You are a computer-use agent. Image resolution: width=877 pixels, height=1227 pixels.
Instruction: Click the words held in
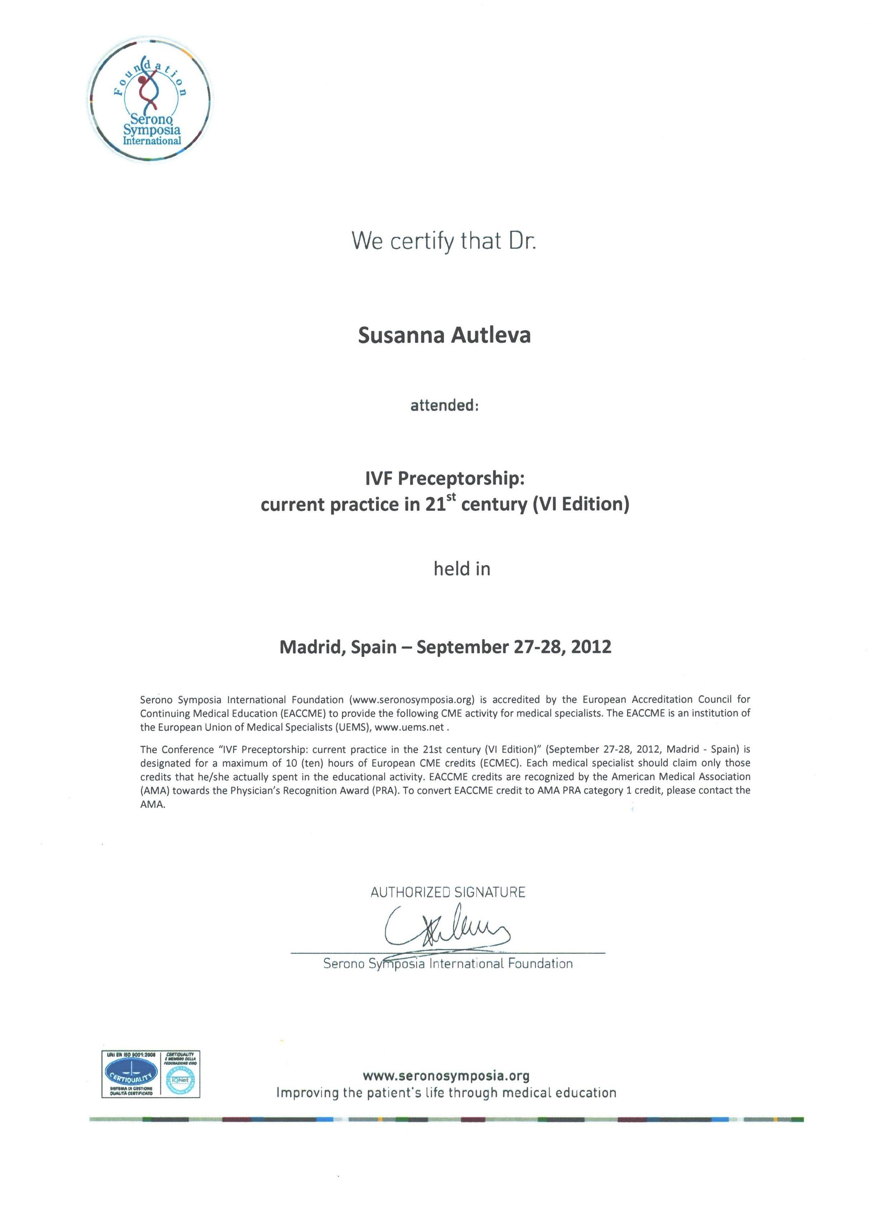coord(462,569)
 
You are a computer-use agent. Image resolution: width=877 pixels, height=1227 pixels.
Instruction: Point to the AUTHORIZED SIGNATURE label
coord(448,892)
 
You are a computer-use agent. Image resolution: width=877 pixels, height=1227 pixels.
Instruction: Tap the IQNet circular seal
coord(181,1080)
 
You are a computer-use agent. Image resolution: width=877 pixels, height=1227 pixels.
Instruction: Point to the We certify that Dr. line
coord(444,241)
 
